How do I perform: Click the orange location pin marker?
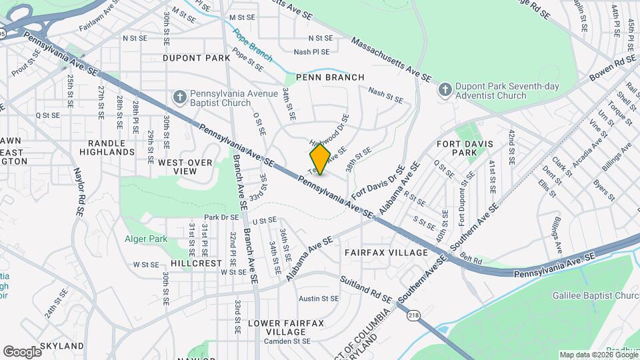click(320, 159)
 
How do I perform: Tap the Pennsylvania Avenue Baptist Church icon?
click(179, 98)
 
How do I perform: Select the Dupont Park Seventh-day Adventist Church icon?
click(445, 89)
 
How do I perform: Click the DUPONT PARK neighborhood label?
click(196, 58)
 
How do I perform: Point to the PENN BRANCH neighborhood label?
click(331, 77)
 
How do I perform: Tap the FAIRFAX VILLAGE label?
click(386, 253)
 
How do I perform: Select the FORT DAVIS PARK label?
click(465, 148)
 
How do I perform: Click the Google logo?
click(21, 351)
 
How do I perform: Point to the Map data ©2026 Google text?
click(598, 355)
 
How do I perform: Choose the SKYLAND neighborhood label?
click(62, 346)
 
